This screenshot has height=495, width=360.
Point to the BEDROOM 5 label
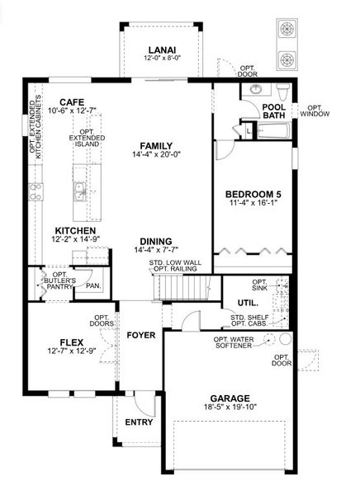253,195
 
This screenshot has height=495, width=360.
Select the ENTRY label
139,422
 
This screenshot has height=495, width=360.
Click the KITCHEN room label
76,230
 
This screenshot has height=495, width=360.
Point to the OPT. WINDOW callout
315,110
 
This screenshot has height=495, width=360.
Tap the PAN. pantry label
93,286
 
